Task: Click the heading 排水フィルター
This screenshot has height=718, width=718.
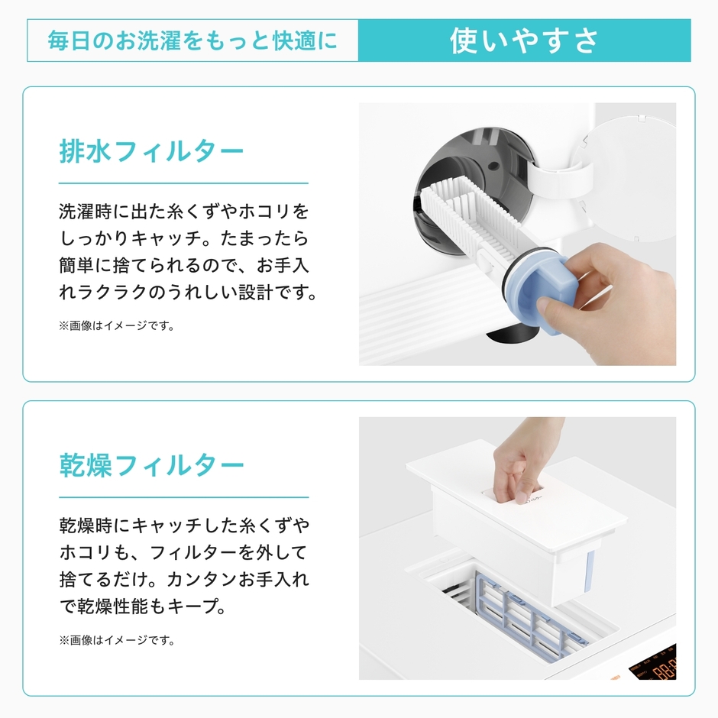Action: click(151, 151)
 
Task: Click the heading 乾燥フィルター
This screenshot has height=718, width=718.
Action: click(151, 465)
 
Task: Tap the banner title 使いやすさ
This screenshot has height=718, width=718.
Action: click(524, 40)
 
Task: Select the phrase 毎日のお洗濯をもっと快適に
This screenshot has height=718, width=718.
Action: click(192, 40)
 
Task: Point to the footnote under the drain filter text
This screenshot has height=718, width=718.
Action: click(116, 326)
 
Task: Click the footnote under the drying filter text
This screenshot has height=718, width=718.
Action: click(117, 640)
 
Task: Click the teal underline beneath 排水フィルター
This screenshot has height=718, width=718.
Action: click(183, 183)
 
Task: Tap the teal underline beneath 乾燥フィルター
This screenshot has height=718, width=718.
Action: click(184, 497)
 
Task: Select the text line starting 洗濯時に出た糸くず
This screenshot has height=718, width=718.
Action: click(184, 212)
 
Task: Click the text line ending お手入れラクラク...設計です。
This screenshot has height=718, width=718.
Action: click(188, 293)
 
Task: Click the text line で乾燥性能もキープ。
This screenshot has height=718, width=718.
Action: click(142, 606)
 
